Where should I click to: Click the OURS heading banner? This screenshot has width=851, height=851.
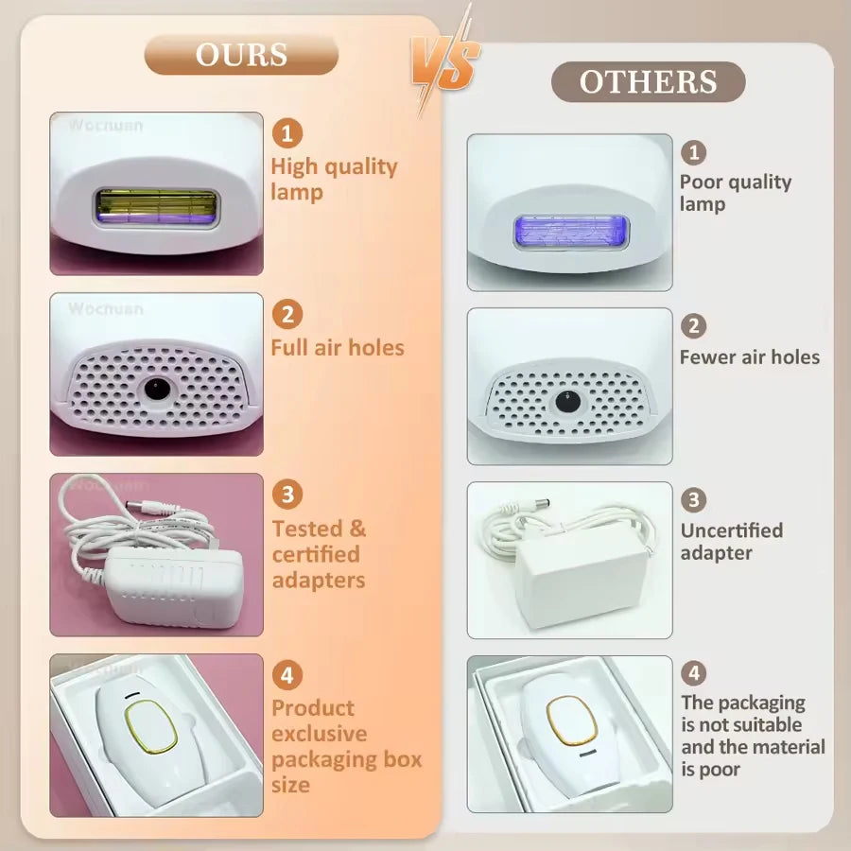[x=241, y=55]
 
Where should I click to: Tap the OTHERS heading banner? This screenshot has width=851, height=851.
[x=648, y=82]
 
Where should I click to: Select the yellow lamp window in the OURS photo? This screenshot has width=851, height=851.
[x=156, y=205]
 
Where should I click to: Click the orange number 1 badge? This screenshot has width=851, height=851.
[x=287, y=132]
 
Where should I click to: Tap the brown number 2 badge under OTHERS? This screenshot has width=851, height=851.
[x=694, y=326]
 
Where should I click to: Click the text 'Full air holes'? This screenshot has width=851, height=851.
[x=338, y=348]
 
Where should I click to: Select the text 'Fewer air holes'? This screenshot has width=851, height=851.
[x=750, y=357]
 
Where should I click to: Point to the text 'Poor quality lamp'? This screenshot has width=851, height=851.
[x=736, y=193]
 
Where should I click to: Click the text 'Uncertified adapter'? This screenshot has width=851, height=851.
[x=732, y=541]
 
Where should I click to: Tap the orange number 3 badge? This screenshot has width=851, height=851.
[x=287, y=495]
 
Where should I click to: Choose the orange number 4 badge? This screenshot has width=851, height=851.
[x=287, y=675]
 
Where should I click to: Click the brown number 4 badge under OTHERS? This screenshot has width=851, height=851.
[x=694, y=673]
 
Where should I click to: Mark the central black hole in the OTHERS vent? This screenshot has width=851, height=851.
[x=566, y=399]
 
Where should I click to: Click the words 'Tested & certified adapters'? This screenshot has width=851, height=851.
[x=320, y=554]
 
